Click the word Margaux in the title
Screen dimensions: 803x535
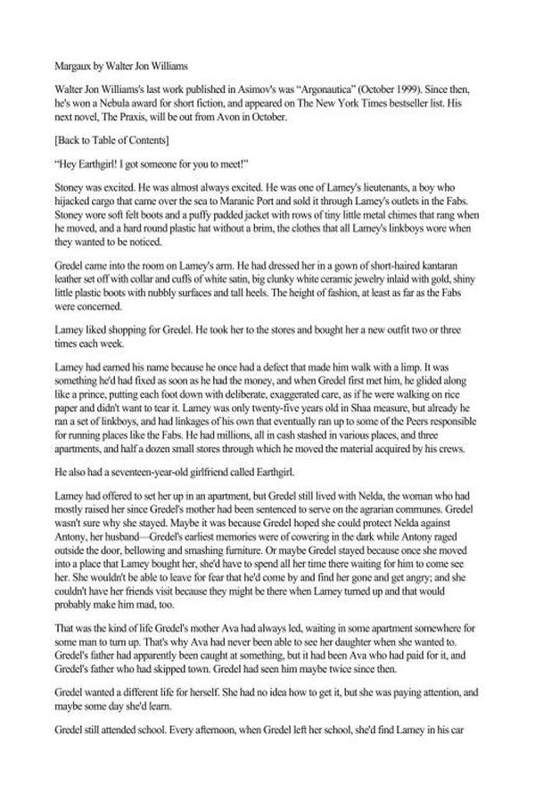(x=74, y=66)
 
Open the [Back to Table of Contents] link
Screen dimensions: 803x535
(x=111, y=142)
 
